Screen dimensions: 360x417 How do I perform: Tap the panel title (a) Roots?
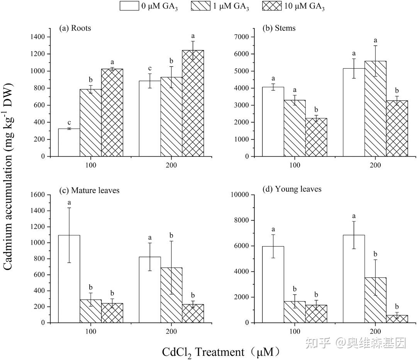click(x=75, y=28)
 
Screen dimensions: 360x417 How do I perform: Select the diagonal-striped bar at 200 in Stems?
click(x=375, y=109)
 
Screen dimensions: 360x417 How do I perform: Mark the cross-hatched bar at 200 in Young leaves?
click(x=397, y=319)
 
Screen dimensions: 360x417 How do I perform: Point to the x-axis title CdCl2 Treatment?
click(x=220, y=352)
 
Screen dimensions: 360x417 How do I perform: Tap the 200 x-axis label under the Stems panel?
click(x=375, y=165)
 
